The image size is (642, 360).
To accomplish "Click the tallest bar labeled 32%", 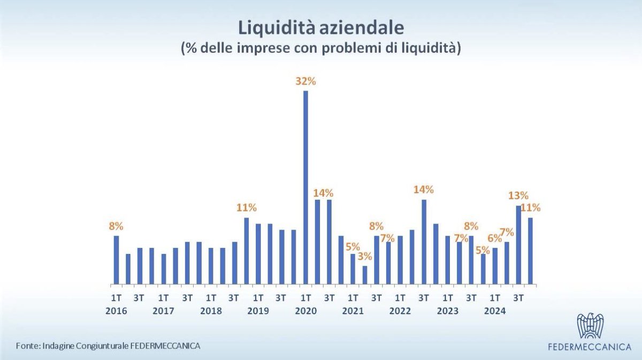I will coord(305,187).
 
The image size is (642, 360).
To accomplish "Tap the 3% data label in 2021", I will coord(365,256).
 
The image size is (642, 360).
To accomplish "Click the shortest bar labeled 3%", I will coord(365,275).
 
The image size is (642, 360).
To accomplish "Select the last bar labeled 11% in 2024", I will coord(530,250).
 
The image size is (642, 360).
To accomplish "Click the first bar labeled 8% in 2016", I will coord(116,259).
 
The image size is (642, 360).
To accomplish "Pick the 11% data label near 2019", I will coord(247,208).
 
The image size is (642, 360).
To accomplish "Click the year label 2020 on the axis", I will coord(305,311).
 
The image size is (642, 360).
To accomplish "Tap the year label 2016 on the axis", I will coord(116,311).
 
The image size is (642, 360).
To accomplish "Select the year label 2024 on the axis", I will coord(495,311).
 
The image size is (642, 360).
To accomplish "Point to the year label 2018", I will coord(211,311).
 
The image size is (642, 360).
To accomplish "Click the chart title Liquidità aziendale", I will coord(320,27).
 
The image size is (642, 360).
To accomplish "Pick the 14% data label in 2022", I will coord(424,189).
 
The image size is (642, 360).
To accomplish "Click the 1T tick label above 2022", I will coord(400,298).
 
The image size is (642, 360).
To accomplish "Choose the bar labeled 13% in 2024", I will coord(518,244).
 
